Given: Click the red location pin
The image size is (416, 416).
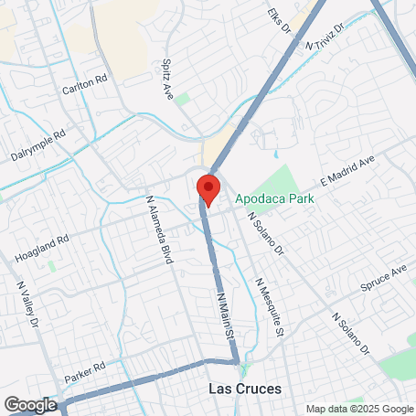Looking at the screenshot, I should [208, 189].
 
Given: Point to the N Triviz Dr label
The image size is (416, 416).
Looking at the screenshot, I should [326, 37].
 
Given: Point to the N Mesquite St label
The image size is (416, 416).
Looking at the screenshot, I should [270, 306].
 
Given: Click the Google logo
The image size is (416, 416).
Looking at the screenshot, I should [30, 404].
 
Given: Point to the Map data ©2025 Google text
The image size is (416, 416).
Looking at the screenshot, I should [358, 409].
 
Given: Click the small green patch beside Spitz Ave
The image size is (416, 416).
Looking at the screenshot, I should [183, 97].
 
